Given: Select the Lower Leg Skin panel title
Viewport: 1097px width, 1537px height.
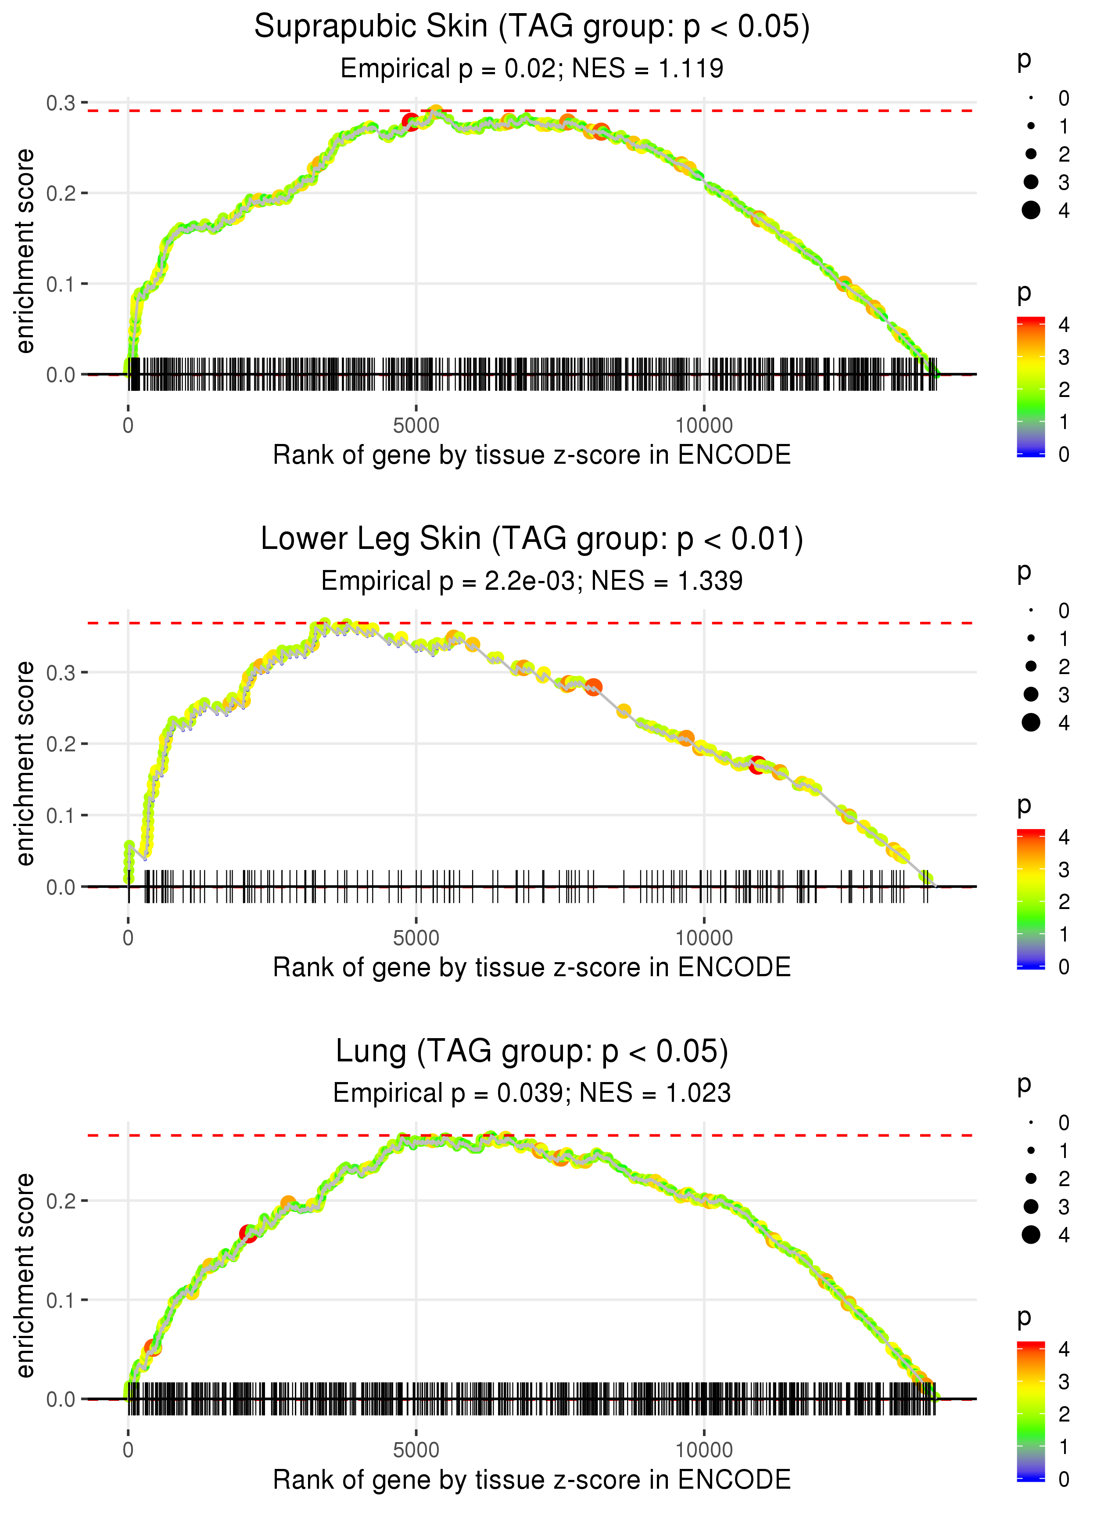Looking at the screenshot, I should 532,539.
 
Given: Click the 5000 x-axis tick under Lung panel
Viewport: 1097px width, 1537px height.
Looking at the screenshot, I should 416,1450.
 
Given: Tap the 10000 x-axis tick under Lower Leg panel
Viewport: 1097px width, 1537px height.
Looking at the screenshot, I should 704,938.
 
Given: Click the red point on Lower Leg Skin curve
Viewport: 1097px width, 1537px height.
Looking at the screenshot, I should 757,765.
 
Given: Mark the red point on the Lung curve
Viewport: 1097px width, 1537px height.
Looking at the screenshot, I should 249,1234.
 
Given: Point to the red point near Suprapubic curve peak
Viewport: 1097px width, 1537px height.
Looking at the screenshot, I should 410,122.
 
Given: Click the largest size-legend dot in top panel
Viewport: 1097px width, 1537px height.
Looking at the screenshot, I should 1031,210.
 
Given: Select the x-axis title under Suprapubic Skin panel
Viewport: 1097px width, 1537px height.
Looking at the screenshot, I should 532,455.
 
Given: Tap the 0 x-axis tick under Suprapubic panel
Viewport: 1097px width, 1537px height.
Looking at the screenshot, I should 128,426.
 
